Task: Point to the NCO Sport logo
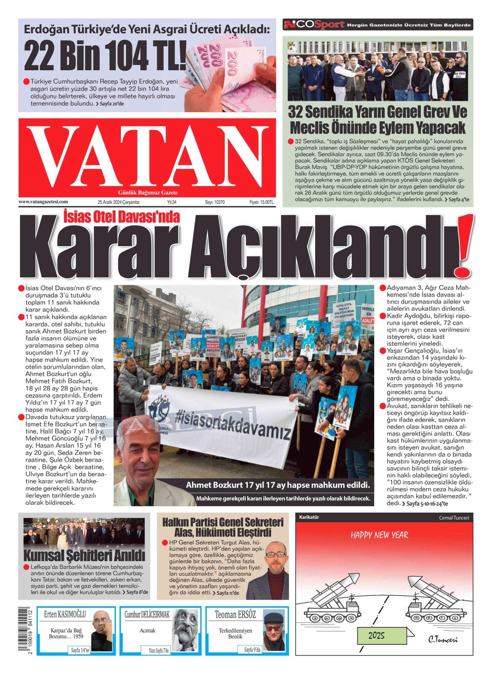pos(314,25)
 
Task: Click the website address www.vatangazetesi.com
pos(43,202)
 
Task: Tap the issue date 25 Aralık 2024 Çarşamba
pos(118,202)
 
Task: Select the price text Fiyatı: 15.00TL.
pos(262,202)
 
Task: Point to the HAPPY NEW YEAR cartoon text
pos(379,535)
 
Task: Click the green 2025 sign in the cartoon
pos(376,636)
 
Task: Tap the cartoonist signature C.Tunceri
pos(442,640)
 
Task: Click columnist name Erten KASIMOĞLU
pos(65,615)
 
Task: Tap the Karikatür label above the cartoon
pos(309,517)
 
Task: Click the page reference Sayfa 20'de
pos(111,104)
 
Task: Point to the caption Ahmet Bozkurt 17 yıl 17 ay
pos(278,485)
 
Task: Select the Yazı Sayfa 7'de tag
pos(159,650)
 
